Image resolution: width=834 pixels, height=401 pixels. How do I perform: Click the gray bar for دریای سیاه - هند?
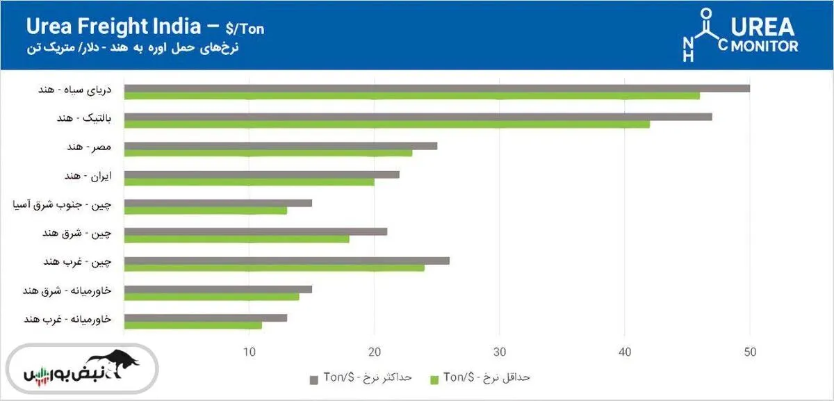click(x=436, y=88)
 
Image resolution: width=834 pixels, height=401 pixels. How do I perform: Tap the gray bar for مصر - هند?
click(x=280, y=146)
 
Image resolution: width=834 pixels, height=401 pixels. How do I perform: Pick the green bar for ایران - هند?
click(x=249, y=182)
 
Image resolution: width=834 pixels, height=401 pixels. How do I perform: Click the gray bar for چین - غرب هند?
click(x=286, y=261)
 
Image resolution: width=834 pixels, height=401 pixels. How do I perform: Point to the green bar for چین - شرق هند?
click(x=236, y=239)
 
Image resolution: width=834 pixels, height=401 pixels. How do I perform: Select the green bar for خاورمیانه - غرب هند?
click(x=193, y=325)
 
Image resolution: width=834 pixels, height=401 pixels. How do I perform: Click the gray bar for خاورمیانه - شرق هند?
click(x=218, y=289)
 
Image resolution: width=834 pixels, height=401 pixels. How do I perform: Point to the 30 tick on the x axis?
click(x=498, y=352)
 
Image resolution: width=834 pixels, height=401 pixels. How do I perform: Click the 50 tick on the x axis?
click(x=749, y=352)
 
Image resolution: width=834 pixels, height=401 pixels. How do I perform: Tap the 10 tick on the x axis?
click(x=249, y=352)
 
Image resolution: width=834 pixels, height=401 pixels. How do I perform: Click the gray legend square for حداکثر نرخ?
click(x=313, y=379)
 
